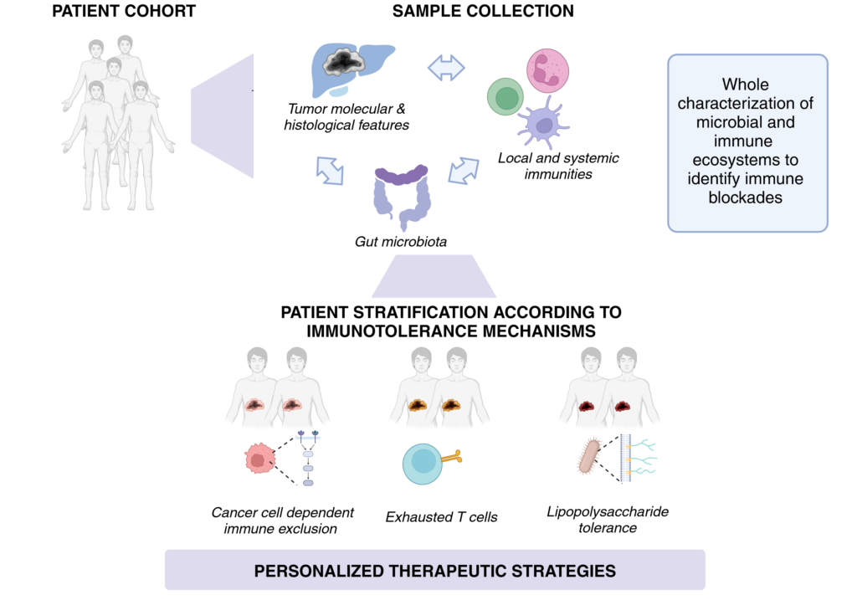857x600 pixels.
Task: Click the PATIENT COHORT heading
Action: (x=124, y=11)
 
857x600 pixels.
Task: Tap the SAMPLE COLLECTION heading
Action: (x=483, y=11)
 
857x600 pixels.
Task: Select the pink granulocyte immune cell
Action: (x=547, y=70)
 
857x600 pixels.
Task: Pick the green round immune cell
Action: (x=505, y=97)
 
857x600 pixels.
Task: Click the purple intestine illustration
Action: (x=402, y=197)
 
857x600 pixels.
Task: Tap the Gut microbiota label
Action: (x=401, y=242)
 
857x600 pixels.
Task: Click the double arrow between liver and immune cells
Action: (x=446, y=69)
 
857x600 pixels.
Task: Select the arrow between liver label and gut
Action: (x=330, y=171)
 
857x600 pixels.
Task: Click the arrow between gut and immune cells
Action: (x=464, y=171)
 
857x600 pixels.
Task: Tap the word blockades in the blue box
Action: (x=746, y=197)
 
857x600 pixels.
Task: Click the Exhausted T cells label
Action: (x=442, y=517)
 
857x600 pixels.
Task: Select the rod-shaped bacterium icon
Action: (x=588, y=456)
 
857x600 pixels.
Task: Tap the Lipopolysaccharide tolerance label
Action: (x=608, y=520)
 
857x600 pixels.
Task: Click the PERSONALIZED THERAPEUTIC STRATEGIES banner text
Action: (x=435, y=571)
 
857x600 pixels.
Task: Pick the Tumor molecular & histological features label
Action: (x=346, y=117)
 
